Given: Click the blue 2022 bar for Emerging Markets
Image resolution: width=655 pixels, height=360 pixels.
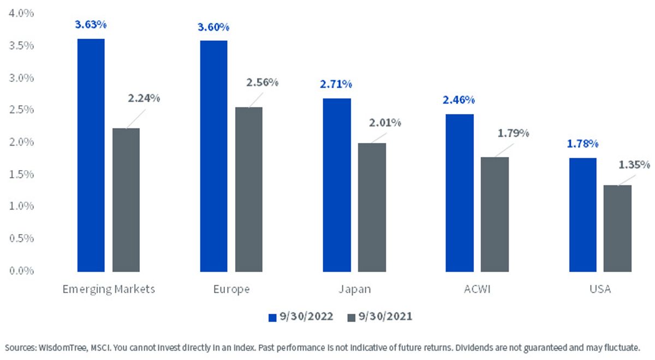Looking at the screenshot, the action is (x=91, y=155).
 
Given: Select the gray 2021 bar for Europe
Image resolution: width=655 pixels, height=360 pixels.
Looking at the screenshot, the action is (x=248, y=189).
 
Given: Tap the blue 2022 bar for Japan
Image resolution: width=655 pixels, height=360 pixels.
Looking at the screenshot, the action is (x=337, y=185).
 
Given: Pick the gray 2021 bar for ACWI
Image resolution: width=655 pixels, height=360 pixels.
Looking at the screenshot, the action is (x=495, y=214).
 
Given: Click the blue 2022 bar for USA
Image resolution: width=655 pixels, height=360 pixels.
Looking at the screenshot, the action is (x=583, y=215).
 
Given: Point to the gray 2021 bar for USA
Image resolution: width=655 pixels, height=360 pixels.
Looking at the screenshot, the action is (x=617, y=229).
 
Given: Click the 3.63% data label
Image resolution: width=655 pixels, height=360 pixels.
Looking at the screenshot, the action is (x=91, y=25).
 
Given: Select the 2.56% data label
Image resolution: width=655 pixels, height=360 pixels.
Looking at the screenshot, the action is (x=263, y=83).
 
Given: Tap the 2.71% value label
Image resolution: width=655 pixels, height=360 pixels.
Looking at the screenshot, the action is (x=336, y=85).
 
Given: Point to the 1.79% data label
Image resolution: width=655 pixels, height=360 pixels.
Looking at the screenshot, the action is (x=514, y=134).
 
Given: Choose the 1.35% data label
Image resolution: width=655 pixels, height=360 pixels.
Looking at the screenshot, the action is (x=634, y=165).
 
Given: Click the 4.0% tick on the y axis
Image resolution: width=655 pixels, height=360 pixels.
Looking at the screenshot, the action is (x=21, y=14).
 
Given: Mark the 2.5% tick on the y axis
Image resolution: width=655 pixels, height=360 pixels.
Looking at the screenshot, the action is (x=21, y=110).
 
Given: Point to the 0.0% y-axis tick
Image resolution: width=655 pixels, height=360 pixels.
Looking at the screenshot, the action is (x=21, y=271).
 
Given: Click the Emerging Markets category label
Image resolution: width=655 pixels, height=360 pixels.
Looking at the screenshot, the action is (x=109, y=289).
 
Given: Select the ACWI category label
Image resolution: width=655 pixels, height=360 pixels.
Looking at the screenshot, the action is (x=477, y=289).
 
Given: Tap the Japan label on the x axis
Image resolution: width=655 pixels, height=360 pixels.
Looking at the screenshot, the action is (x=355, y=290).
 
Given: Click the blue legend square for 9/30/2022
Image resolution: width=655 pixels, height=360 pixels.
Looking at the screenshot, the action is (x=272, y=317).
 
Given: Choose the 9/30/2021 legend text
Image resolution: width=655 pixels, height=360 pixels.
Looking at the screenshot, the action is (x=385, y=316).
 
